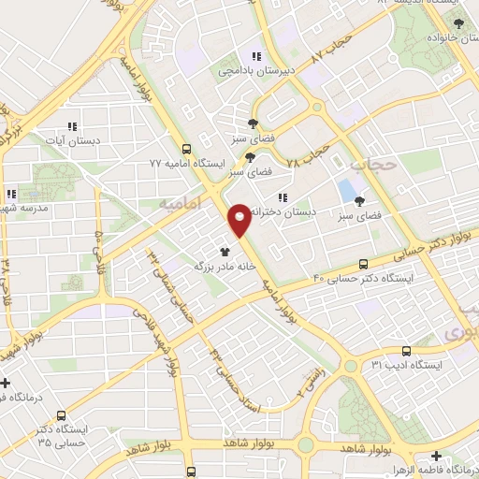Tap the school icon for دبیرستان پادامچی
(x=256, y=57)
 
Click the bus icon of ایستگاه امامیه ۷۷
(x=188, y=149)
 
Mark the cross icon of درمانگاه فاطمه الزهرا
(x=436, y=456)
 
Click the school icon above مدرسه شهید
(x=11, y=194)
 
